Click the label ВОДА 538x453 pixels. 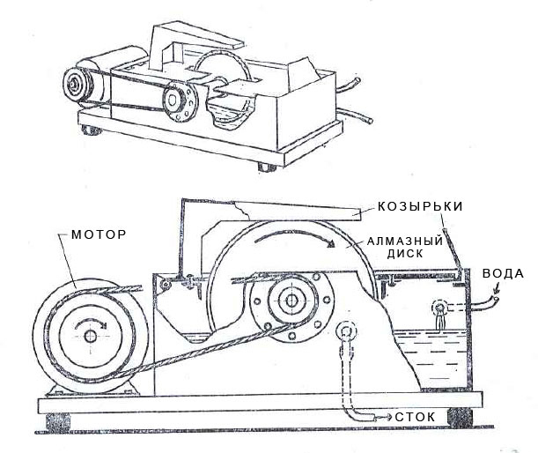tap(503, 273)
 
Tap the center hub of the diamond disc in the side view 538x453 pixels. tap(288, 301)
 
